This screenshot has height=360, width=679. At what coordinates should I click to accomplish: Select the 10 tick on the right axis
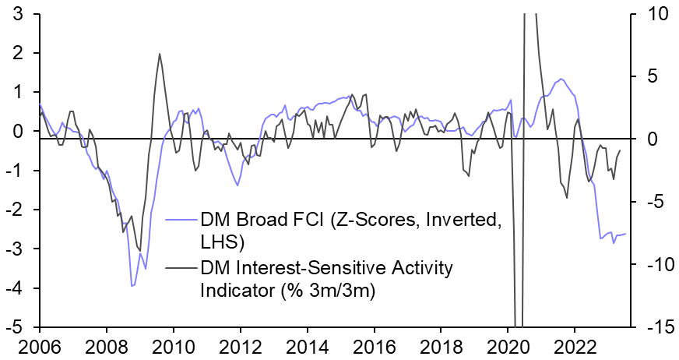(648, 14)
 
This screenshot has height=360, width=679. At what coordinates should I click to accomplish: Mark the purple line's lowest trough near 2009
(132, 287)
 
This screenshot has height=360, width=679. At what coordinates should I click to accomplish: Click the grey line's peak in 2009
(160, 54)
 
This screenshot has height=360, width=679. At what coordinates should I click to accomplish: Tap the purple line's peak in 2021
(559, 79)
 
